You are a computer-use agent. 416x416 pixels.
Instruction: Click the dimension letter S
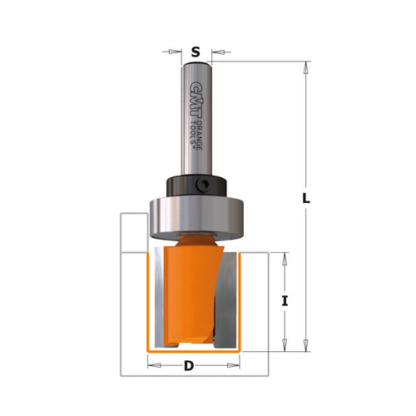tap(196, 52)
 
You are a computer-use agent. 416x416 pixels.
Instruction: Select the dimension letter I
tap(285, 301)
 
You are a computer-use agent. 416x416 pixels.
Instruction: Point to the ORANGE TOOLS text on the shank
tap(196, 129)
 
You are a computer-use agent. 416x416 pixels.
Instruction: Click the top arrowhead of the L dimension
tap(306, 67)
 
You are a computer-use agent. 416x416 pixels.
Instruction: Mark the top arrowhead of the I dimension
tap(285, 258)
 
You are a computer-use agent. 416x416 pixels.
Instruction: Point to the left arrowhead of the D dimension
tap(152, 365)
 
